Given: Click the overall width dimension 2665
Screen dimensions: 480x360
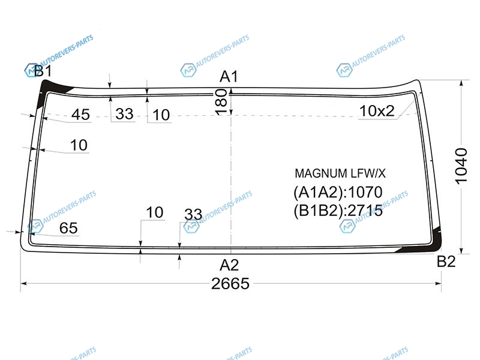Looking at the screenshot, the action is [x=230, y=284].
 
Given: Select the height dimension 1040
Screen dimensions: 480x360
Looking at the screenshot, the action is [x=461, y=166].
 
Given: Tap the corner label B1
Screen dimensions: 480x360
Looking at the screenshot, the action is [x=43, y=71].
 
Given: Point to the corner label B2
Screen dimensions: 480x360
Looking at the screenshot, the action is [x=446, y=262].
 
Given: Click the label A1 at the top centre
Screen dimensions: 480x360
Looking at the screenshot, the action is [x=229, y=77].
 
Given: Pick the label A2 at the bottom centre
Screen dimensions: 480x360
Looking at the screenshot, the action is [x=229, y=265].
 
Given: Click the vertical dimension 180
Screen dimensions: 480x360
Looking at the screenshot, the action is [x=221, y=102].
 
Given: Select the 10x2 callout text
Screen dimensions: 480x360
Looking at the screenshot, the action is [x=377, y=111].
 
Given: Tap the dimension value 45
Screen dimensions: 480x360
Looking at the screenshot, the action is [x=80, y=115].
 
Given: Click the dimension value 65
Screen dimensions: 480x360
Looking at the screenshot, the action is [x=68, y=228].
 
